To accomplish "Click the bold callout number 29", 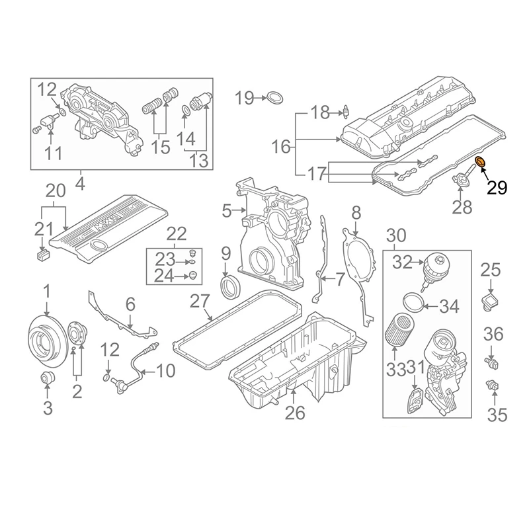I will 497,188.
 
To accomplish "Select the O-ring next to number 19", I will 276,99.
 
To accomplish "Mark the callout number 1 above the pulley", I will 47,290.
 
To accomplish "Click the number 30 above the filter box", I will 396,235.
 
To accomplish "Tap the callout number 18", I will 320,112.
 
